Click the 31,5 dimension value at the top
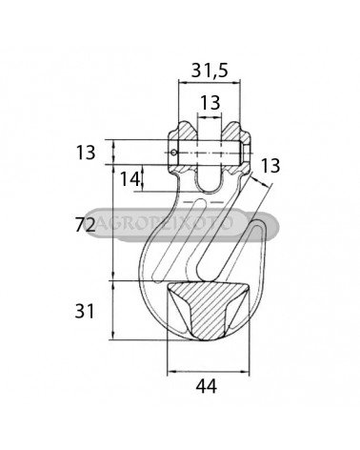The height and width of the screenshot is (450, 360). (x=210, y=71)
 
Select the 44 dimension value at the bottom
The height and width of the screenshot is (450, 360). (x=207, y=386)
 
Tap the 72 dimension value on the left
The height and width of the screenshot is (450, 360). (x=85, y=225)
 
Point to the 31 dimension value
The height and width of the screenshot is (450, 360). (x=85, y=311)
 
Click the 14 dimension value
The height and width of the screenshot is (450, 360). (x=130, y=179)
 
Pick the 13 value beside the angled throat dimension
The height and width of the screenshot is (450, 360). (x=270, y=166)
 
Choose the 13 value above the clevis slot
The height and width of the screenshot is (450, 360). (x=210, y=103)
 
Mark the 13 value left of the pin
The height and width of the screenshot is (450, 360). (x=86, y=153)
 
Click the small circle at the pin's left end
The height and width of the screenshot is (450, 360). (x=173, y=153)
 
